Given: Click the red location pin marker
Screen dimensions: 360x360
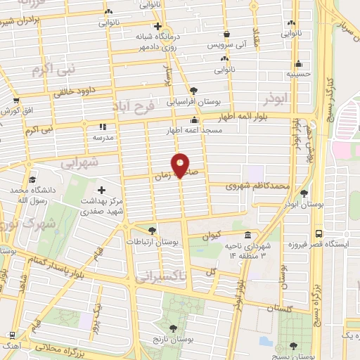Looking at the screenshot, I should tap(181, 165).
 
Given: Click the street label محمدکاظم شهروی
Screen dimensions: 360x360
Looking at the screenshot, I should tap(258, 186).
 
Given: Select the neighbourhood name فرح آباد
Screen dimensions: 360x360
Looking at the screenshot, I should tap(132, 107).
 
